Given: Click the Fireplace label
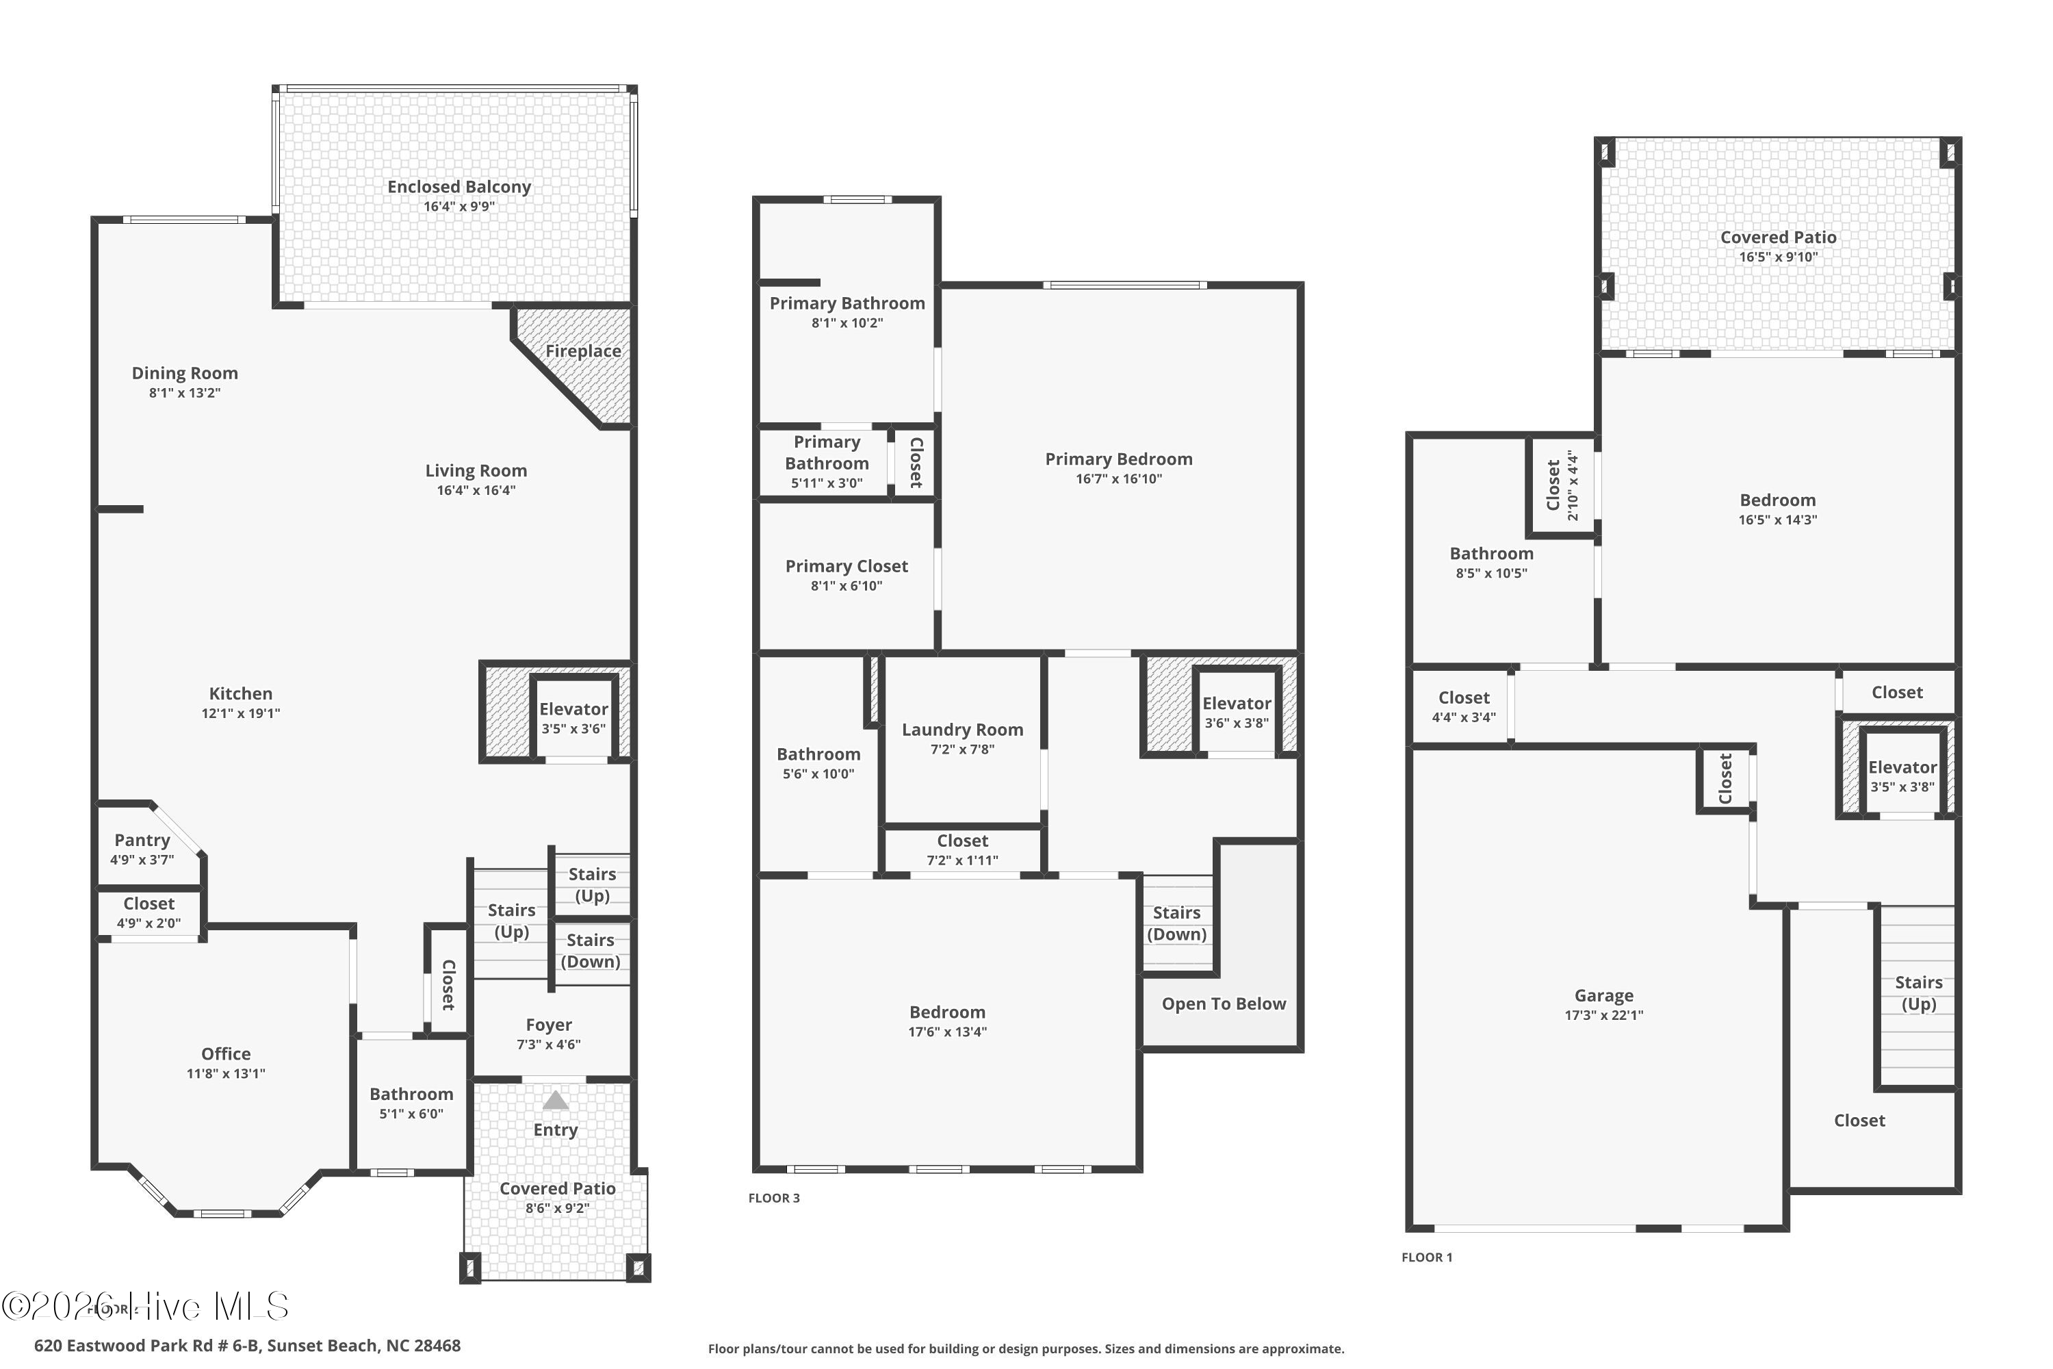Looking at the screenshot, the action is (583, 351).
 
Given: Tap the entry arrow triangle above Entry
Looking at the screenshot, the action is (555, 1100).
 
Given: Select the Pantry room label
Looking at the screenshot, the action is (142, 840).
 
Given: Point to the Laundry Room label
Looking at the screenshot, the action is (962, 730).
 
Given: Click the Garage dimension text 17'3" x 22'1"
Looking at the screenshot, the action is (1603, 1015).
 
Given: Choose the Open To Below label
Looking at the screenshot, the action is (1224, 1004).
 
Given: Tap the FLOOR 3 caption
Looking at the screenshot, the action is (773, 1198).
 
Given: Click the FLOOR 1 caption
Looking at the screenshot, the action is (1427, 1257).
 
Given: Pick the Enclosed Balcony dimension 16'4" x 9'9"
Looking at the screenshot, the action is (459, 207).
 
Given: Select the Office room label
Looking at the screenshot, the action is (226, 1054).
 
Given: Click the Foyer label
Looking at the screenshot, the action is (549, 1025).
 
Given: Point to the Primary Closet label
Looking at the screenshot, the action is (847, 567).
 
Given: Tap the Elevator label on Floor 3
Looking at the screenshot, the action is (1237, 704).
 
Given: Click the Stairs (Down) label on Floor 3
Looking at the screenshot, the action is (1176, 923).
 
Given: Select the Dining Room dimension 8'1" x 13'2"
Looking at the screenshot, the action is (184, 393).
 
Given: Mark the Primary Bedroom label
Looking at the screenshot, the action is (1119, 459).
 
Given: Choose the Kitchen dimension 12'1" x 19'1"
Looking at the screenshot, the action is (241, 713).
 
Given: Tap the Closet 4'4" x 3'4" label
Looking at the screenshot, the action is (1464, 706).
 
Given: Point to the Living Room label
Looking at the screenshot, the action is (476, 472).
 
